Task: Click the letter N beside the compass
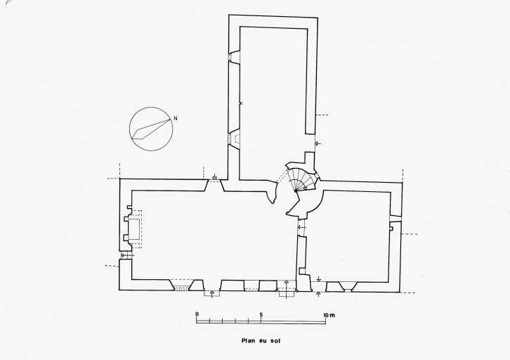pos(176,119)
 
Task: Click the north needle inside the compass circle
pos(151,129)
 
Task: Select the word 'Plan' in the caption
pos(248,341)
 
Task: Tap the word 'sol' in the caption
pos(275,341)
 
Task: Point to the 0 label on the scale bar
pos(197,314)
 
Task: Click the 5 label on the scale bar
pos(261,314)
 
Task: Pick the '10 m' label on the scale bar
pos(329,315)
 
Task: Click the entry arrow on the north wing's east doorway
pos(318,143)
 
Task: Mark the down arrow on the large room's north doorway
pos(214,176)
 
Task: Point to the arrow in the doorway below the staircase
pos(302,227)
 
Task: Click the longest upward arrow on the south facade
pos(286,289)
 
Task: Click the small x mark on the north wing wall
pos(241,103)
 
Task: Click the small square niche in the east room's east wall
pos(391,229)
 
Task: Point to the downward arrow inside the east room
pos(319,279)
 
